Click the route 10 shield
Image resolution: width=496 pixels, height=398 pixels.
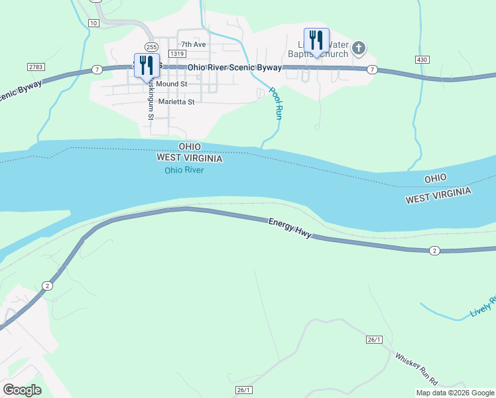[93, 23]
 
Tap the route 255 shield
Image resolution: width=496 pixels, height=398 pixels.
[151, 47]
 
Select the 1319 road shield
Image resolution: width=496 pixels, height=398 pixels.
[176, 53]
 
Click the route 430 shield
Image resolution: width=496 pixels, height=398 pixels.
[422, 60]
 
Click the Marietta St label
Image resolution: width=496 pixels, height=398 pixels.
[176, 102]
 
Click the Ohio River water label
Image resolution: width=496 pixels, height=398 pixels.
[184, 170]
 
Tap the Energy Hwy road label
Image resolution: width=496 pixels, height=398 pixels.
[289, 228]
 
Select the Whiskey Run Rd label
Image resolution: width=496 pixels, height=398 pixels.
[416, 369]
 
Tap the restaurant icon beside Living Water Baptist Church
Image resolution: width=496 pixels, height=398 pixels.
[316, 40]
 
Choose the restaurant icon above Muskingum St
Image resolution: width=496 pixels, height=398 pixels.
[147, 66]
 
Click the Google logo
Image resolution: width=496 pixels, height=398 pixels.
[22, 390]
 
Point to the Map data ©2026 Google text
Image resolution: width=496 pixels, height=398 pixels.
[455, 393]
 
